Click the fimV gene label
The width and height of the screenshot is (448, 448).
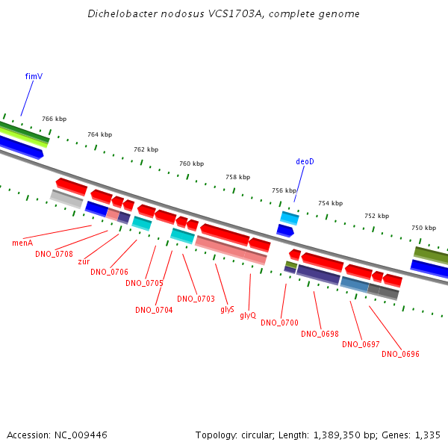34,76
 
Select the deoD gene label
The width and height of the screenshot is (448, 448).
305,162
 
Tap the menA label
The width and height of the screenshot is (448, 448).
22,243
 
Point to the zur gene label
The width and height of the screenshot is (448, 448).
84,261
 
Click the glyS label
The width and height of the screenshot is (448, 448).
228,309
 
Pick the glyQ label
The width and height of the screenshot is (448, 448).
248,315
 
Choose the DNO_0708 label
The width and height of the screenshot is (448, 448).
54,254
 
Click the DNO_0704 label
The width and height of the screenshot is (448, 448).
154,310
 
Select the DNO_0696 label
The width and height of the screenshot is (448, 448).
400,354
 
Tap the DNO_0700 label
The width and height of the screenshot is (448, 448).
280,323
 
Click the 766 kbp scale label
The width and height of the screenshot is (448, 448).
55,119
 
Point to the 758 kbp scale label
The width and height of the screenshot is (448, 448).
238,177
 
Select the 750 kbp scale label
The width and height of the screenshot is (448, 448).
423,228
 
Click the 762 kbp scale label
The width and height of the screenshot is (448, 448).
146,149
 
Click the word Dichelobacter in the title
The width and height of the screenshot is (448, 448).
122,13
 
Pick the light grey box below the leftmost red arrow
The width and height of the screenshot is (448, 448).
66,199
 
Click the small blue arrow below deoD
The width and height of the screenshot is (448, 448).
285,231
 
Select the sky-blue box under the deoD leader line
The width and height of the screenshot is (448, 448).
290,218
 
